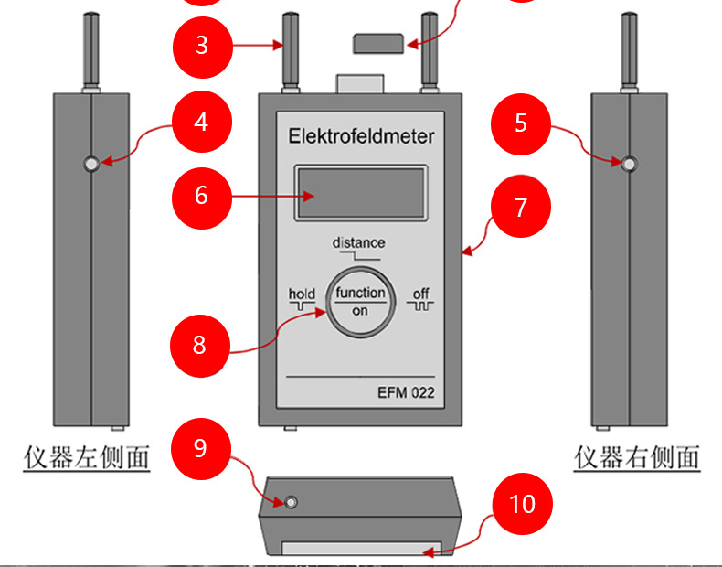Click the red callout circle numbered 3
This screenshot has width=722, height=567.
202,44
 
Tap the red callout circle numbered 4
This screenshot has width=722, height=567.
201,121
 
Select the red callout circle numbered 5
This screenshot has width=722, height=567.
521,123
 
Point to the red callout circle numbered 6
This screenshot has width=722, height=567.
201,195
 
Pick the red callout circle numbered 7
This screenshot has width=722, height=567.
520,208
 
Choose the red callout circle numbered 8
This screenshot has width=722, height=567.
200,345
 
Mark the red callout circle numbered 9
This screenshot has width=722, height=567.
201,447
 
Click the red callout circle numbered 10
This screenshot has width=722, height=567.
522,504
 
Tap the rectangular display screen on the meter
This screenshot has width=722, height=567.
360,193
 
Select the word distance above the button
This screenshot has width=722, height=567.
358,243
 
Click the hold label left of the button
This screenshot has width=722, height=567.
302,294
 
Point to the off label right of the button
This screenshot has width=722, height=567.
420,294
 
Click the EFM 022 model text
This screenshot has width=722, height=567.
406,394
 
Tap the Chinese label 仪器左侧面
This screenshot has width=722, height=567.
86,456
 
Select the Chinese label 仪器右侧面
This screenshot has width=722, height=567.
637,456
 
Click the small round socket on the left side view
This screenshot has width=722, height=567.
90,164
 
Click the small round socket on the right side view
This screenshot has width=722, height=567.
629,164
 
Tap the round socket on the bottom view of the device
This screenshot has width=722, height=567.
291,503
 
